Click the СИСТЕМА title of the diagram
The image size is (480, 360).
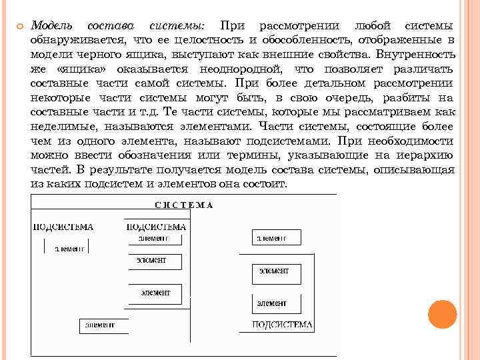184,205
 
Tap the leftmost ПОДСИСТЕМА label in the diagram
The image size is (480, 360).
63,227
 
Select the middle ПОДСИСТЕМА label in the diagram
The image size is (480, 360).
155,227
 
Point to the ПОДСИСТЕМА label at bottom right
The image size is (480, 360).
282,325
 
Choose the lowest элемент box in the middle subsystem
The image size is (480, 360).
155,292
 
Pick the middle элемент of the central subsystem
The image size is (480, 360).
151,260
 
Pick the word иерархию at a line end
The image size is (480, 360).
427,155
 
